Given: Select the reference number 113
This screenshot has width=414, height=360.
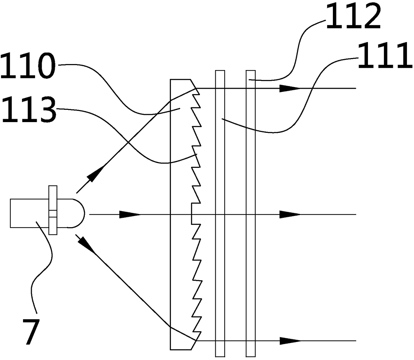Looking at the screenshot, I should [x=28, y=110].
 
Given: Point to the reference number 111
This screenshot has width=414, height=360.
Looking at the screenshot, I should [x=385, y=56].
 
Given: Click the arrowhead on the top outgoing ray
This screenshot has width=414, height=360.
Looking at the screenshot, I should [x=290, y=88].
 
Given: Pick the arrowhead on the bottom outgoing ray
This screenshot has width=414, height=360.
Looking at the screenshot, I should [x=290, y=341].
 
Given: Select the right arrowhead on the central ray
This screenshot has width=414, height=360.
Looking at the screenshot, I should [x=290, y=215].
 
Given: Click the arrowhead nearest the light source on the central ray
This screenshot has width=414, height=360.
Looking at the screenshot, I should [x=130, y=215].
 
